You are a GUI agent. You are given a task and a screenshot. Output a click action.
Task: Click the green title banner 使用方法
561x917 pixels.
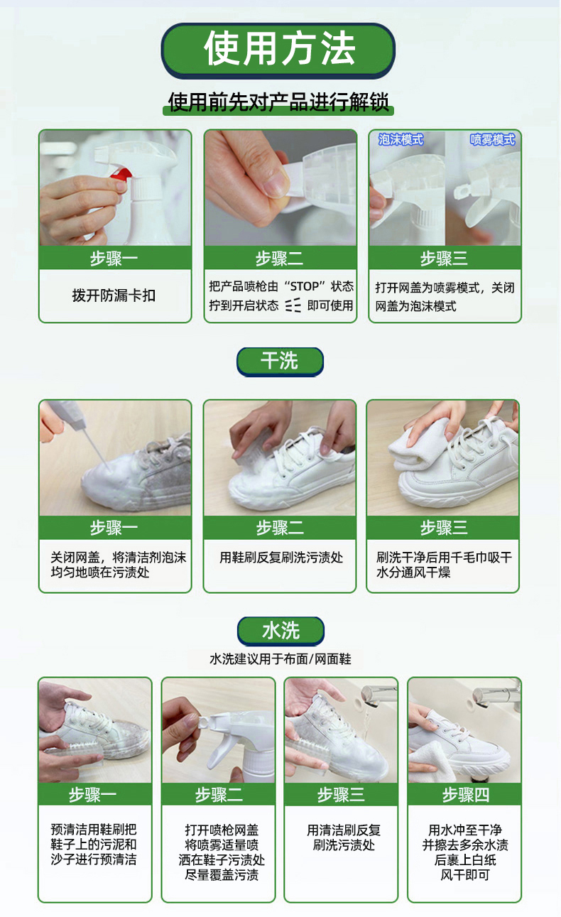click(278, 50)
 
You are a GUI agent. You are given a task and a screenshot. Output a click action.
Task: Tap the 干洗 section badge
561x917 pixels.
click(280, 361)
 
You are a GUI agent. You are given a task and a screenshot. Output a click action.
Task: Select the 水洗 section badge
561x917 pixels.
click(280, 631)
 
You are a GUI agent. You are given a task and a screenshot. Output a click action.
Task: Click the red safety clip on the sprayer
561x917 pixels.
click(121, 175)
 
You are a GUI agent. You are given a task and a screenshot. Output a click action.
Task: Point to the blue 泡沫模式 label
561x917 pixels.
click(401, 140)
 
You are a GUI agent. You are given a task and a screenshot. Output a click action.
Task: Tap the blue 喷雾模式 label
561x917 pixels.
click(492, 140)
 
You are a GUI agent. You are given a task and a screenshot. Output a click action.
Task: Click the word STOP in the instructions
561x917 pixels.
click(304, 286)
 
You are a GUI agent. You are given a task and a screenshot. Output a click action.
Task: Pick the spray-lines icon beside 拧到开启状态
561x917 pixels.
click(293, 305)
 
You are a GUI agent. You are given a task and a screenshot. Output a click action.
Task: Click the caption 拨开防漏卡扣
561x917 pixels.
click(114, 295)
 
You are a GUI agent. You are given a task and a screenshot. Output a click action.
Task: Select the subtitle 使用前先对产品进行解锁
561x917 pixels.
click(278, 102)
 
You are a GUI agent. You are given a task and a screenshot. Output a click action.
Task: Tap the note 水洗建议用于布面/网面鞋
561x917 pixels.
click(280, 659)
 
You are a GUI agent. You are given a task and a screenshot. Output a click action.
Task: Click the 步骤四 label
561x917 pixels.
click(466, 795)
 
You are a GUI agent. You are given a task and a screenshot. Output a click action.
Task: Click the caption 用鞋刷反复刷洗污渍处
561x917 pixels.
click(281, 557)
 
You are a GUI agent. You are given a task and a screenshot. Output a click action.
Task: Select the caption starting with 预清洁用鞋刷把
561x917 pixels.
click(94, 844)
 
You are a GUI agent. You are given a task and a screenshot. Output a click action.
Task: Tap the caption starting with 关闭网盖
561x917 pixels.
click(119, 565)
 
